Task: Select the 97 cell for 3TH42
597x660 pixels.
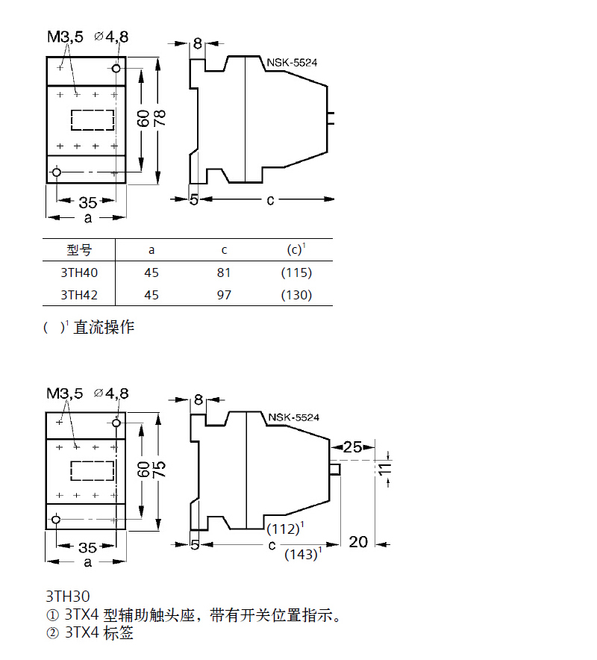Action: pos(224,295)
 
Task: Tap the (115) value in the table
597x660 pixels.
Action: pos(296,273)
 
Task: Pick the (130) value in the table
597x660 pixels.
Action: pos(296,295)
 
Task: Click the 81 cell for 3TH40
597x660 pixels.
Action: pos(224,273)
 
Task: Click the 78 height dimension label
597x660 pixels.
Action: pos(159,118)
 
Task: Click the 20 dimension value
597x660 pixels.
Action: pos(358,541)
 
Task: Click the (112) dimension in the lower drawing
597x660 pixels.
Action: pos(284,529)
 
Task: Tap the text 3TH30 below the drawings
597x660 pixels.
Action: pos(67,597)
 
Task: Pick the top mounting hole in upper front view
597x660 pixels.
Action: pos(116,69)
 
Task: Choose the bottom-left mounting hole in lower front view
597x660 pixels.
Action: pos(57,520)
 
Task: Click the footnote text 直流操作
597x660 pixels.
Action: pos(104,327)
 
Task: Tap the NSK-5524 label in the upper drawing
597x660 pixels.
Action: pos(293,63)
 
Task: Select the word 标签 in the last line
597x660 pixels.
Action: pos(119,634)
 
